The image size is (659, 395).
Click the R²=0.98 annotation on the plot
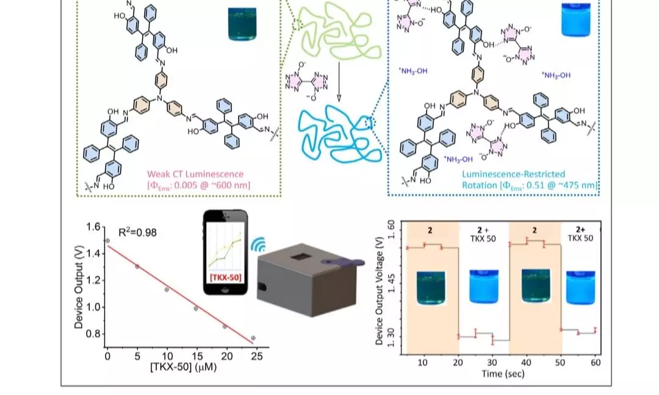click(137, 232)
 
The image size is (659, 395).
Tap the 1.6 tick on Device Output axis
click(93, 227)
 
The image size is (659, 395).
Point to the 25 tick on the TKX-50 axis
click(257, 357)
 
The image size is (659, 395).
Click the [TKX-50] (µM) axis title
click(184, 368)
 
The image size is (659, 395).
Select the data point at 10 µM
click(167, 290)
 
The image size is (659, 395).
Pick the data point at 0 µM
click(107, 241)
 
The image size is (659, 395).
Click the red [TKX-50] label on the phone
click(225, 277)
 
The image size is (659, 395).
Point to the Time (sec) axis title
click(503, 374)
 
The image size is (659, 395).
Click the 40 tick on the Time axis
click(526, 362)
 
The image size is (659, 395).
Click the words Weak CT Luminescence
click(195, 174)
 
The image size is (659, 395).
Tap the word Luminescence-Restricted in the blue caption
click(514, 174)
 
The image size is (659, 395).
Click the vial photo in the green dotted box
click(242, 24)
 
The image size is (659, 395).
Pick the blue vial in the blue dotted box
click(576, 20)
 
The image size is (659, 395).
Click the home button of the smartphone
click(225, 289)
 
